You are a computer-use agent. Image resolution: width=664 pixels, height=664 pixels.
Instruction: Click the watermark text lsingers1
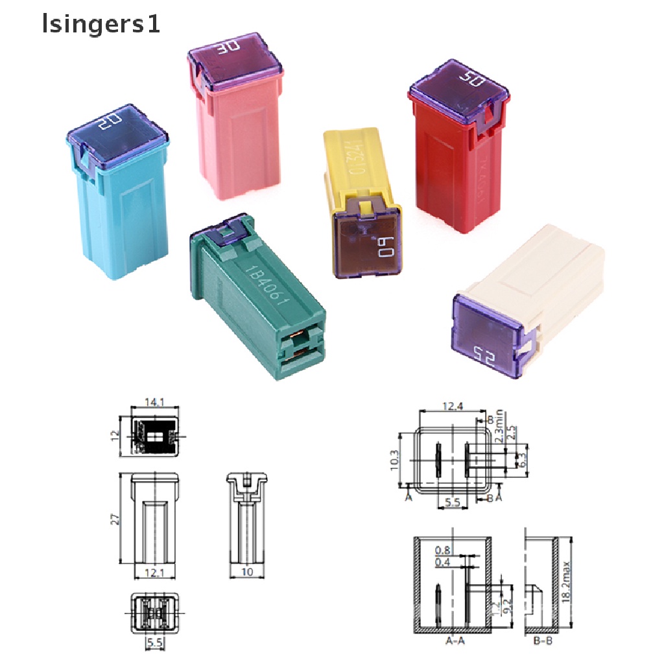coord(100,25)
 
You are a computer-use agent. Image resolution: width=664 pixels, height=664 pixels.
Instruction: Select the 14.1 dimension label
coord(155,403)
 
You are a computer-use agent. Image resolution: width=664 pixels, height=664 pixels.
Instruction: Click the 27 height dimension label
coord(114,518)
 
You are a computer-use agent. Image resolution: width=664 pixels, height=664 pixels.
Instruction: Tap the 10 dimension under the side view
coord(247,571)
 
